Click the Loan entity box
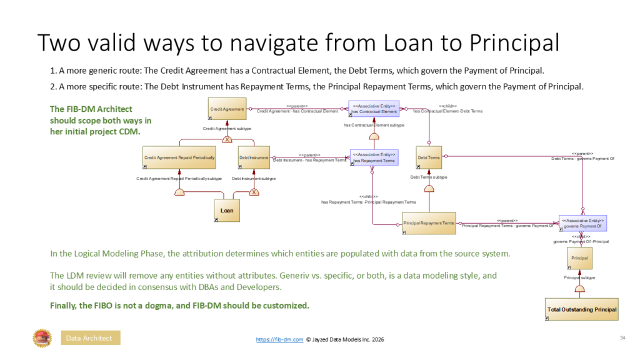click(x=227, y=211)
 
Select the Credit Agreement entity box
click(x=227, y=109)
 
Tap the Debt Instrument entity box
click(x=254, y=158)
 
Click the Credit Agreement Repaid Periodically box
click(x=180, y=158)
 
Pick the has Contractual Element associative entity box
click(x=374, y=109)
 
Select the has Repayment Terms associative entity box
click(x=374, y=158)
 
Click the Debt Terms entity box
click(x=429, y=158)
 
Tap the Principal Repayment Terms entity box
click(x=429, y=223)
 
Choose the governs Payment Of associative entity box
click(x=582, y=223)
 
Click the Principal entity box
click(x=581, y=257)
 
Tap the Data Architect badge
click(x=90, y=338)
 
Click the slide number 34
click(x=622, y=338)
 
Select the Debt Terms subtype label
click(x=429, y=177)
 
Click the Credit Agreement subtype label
click(x=227, y=128)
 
